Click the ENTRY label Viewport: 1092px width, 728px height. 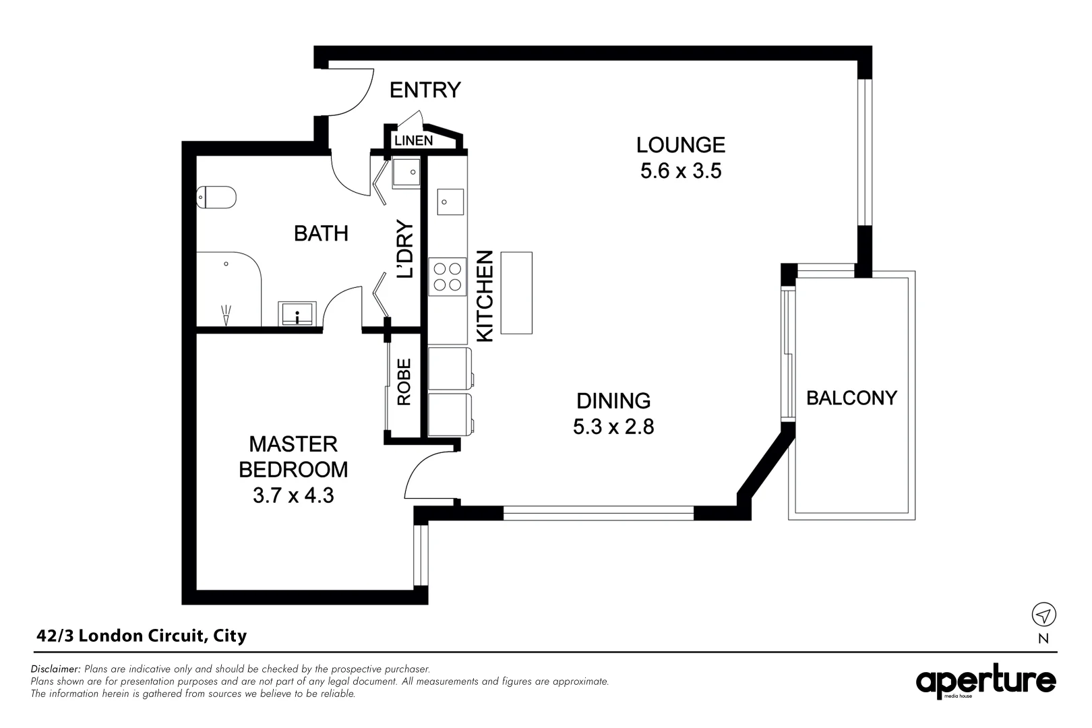pos(425,90)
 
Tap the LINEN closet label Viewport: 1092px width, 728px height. pos(413,141)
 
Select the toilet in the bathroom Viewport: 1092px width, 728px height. pos(216,198)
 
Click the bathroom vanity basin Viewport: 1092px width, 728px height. pos(297,313)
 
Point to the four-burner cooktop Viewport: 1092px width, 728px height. pos(448,277)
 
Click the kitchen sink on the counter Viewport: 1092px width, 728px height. pos(450,202)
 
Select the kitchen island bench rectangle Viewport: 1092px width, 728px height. pos(516,293)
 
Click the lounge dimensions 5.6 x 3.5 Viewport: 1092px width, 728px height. pos(681,171)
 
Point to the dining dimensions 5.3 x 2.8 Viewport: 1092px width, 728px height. pos(613,427)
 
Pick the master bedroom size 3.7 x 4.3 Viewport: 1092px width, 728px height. pos(293,495)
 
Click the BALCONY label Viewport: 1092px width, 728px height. pos(851,398)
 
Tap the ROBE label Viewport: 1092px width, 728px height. pos(404,382)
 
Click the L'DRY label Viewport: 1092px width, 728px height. pos(405,249)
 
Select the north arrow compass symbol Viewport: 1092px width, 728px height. pos(1043,615)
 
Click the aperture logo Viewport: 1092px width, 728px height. pos(985,681)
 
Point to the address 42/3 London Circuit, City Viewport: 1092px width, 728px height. pos(142,636)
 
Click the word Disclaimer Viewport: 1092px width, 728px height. pos(55,669)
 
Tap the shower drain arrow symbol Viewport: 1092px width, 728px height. pos(226,315)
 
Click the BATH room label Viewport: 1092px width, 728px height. pos(322,233)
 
